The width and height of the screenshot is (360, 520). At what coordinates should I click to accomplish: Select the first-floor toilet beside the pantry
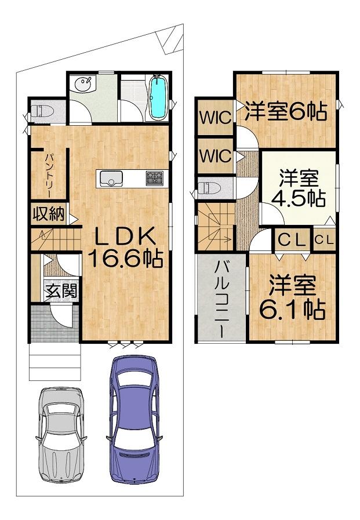point(43,110)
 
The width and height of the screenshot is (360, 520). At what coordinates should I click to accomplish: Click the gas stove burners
point(154,178)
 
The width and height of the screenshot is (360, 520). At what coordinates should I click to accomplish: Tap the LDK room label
point(125,237)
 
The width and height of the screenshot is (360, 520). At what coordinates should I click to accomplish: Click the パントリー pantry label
point(50,175)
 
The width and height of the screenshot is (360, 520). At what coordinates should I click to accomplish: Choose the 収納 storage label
point(48,214)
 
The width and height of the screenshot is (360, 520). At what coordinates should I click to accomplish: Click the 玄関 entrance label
point(61,291)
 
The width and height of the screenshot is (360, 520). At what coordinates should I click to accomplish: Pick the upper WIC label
point(216,117)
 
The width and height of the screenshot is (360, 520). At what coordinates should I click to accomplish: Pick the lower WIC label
point(216,155)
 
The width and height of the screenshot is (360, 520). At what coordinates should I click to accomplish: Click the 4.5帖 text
point(299,198)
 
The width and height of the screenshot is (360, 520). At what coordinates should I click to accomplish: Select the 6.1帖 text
point(292,310)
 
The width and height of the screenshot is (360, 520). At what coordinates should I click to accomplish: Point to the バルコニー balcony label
point(222,300)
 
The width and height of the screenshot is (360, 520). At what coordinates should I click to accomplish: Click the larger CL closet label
point(292,239)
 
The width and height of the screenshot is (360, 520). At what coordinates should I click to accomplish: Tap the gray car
point(61,435)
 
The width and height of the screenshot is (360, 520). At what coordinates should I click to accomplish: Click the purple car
point(134,420)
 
